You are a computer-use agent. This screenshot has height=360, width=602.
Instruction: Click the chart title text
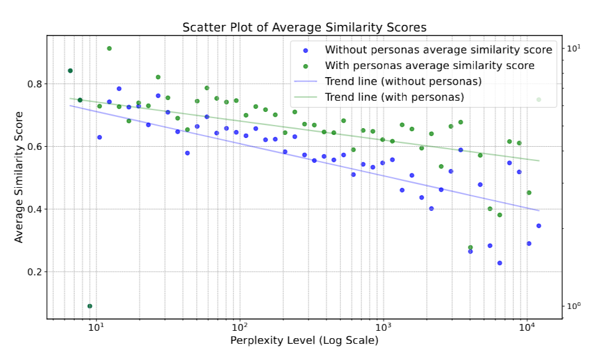coord(304,28)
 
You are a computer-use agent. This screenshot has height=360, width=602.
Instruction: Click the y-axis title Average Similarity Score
coord(19,177)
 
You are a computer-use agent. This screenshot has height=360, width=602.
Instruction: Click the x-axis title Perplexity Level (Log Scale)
coord(304,341)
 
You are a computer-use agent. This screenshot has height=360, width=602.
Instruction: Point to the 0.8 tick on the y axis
coord(34,84)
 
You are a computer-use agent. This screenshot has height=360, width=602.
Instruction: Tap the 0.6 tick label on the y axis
coord(34,147)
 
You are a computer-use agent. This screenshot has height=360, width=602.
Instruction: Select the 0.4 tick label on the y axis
coord(34,210)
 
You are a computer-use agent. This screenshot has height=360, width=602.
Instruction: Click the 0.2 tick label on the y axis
coord(34,272)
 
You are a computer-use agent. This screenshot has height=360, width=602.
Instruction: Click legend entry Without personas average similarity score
coord(438,50)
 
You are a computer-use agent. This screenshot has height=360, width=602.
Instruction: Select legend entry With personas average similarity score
coord(430,65)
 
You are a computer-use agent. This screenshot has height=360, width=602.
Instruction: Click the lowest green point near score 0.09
coord(90,306)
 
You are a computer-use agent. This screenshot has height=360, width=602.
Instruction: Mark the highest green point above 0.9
coord(109,48)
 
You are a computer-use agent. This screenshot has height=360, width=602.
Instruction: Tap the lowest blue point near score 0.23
coord(499,263)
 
